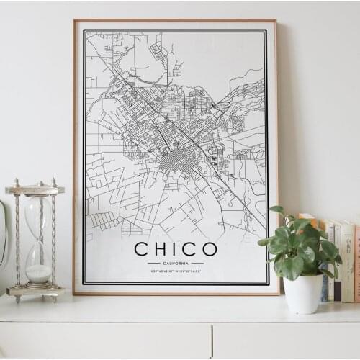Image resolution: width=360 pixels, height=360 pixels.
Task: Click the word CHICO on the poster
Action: click(176, 250)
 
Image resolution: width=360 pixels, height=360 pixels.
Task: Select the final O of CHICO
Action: click(209, 250)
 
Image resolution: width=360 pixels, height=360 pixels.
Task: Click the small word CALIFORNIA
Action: click(176, 264)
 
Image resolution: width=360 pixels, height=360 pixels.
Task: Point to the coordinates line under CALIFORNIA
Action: click(176, 271)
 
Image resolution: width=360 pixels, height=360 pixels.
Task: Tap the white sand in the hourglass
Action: click(38, 274)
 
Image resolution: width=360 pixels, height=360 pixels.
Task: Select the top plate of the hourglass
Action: click(35, 190)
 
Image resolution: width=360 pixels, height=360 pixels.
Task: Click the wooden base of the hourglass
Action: click(35, 292)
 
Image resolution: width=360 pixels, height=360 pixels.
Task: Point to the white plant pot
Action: click(303, 293)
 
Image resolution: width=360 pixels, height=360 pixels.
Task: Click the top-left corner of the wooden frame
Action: click(74, 21)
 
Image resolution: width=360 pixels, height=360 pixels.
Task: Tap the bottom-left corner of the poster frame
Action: click(74, 293)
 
